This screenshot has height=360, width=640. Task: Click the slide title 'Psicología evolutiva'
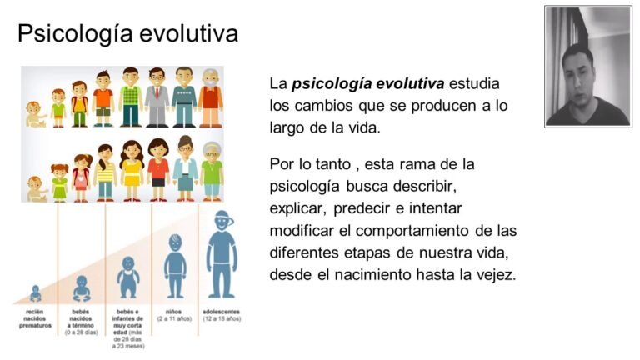tap(127, 33)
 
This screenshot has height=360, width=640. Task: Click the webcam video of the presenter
tap(587, 67)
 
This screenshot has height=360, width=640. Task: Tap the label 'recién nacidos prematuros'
tap(35, 318)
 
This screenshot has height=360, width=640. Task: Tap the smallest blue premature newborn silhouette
tap(35, 293)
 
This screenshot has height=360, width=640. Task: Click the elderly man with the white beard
tap(211, 97)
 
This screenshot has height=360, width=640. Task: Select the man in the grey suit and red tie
tap(157, 97)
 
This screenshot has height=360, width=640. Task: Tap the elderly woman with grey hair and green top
tap(212, 169)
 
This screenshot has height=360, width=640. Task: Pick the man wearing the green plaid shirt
tap(130, 97)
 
